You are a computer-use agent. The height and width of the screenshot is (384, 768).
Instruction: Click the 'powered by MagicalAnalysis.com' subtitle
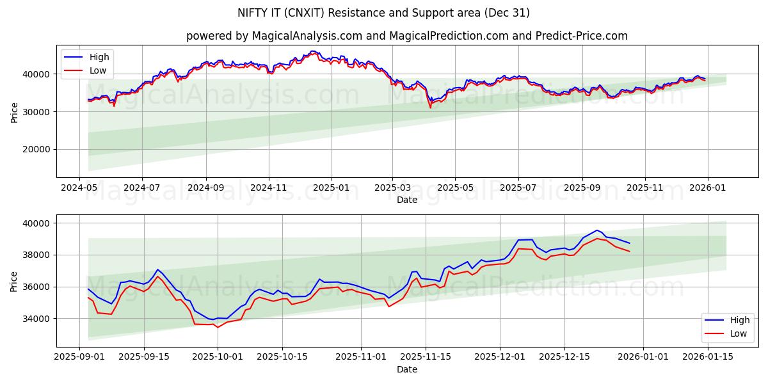pyautogui.click(x=407, y=36)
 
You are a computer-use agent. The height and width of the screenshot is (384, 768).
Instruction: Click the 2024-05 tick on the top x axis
pyautogui.click(x=79, y=189)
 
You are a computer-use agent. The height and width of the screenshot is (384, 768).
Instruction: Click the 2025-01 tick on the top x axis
pyautogui.click(x=332, y=189)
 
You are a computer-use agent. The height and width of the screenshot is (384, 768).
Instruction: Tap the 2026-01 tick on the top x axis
pyautogui.click(x=707, y=189)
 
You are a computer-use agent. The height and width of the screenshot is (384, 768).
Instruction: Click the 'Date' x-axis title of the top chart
pyautogui.click(x=407, y=200)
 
